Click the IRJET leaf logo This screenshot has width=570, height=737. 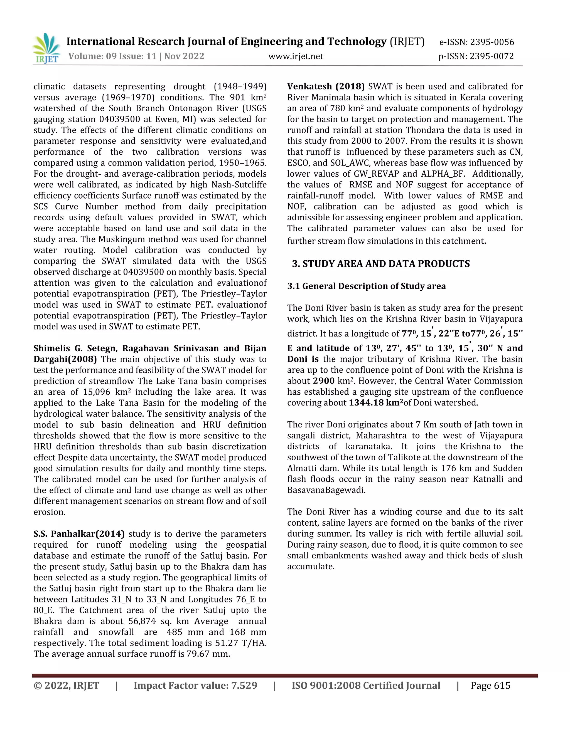coord(46,48)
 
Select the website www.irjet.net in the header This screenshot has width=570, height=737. coord(296,56)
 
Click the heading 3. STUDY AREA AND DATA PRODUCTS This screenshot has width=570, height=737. coord(381,264)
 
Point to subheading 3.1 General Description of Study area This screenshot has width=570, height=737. coord(366,286)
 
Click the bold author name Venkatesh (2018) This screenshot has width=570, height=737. coord(326,86)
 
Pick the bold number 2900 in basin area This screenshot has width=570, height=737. coord(323,381)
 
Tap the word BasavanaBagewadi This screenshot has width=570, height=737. coord(326,490)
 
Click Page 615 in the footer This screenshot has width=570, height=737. coord(490,686)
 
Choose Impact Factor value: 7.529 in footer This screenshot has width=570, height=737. coord(195,686)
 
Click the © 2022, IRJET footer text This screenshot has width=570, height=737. coord(66,686)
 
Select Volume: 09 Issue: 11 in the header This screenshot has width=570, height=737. coord(112,56)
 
